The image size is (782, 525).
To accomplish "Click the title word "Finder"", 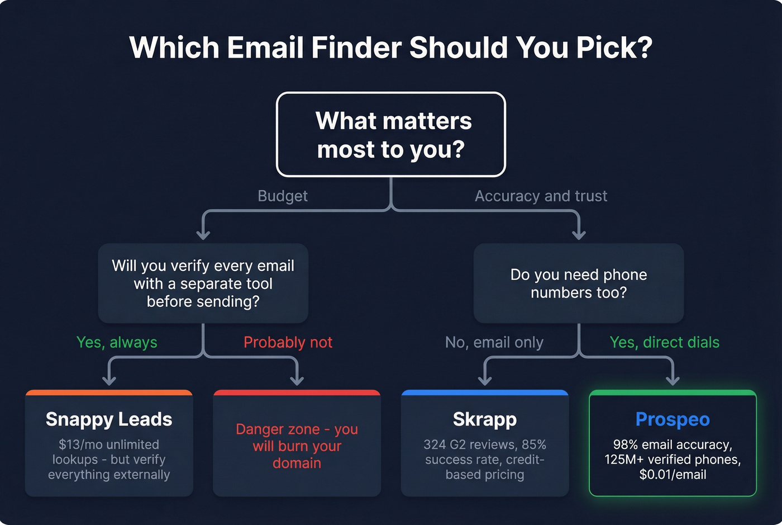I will (356, 48).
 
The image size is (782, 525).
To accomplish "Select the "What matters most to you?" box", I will (391, 135).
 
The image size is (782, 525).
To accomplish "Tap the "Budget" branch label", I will (283, 196).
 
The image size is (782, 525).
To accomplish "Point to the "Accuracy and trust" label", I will (541, 196).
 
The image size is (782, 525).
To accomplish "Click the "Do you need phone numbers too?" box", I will (579, 283).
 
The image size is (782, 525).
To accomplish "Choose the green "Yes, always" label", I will (117, 342).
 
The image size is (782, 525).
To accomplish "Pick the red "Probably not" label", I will (288, 342).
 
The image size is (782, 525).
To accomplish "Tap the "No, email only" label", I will (494, 342).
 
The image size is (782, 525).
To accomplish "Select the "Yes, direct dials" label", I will (664, 342).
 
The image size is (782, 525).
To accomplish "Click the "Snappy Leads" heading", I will (109, 419).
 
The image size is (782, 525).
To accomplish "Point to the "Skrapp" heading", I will (485, 419).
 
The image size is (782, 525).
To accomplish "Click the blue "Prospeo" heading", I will (673, 419).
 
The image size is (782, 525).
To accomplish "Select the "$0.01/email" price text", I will (673, 475).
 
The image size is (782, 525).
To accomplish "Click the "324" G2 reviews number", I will (434, 444).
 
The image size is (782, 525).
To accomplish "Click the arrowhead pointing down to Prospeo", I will (673, 380).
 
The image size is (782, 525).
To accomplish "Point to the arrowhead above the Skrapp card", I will (485, 380).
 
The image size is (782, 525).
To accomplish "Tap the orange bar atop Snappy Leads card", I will (109, 392).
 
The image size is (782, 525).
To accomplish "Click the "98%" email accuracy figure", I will (624, 444).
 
